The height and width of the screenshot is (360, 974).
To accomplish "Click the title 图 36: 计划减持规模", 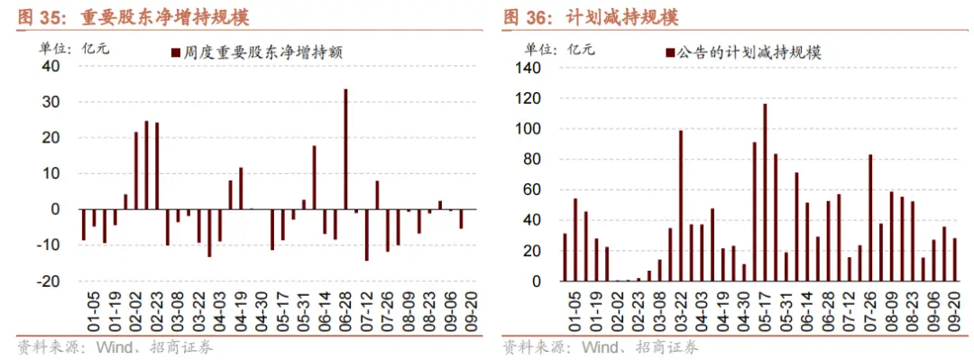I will click(591, 17).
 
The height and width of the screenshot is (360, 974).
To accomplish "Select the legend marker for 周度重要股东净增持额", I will click(176, 53).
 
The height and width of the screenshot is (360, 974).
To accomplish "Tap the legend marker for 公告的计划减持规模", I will click(668, 53).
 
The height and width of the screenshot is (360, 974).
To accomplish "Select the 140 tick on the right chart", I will click(528, 69).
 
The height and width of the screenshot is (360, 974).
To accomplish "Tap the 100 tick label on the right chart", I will click(528, 129).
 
